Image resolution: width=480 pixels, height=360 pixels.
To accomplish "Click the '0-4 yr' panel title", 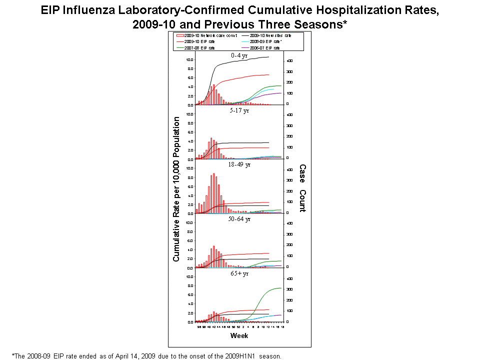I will tap(239, 55).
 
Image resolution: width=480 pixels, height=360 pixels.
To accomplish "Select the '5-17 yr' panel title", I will tap(239, 110).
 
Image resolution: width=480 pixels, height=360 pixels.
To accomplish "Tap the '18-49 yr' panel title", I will tap(239, 164).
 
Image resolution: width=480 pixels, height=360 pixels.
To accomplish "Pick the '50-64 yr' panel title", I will tap(239, 219).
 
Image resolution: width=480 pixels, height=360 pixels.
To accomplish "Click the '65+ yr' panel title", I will tap(239, 273).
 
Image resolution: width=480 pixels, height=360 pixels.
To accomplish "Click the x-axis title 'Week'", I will tap(238, 335).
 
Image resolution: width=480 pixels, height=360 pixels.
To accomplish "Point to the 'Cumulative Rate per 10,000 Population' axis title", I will tap(176, 189).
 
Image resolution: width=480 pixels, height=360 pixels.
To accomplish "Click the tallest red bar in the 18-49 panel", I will tap(214, 193).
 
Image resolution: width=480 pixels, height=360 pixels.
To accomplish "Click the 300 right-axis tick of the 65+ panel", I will tap(289, 289).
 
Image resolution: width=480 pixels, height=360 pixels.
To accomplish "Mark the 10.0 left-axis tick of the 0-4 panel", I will tap(189, 59).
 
